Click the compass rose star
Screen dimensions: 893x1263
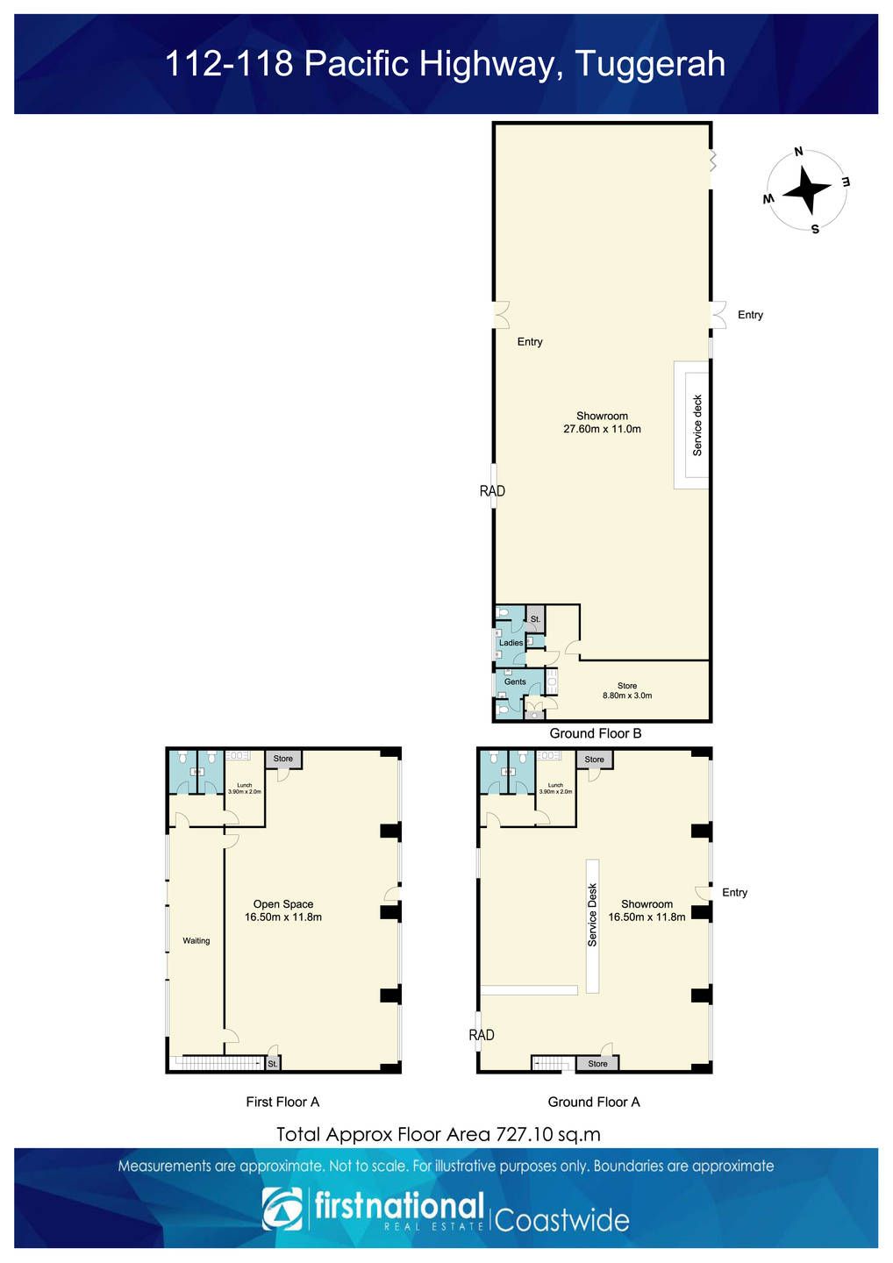point(806,190)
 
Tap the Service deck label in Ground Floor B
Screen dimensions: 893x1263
point(697,425)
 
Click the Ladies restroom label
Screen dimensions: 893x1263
point(511,643)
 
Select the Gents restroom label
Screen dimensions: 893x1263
point(515,681)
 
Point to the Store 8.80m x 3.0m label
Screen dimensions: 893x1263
point(627,691)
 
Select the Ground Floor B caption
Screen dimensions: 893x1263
point(596,733)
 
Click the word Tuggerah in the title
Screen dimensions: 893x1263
point(651,65)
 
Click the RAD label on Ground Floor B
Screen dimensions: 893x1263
point(492,491)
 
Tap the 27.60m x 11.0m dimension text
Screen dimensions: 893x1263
point(602,429)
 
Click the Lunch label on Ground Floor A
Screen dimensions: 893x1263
point(555,785)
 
